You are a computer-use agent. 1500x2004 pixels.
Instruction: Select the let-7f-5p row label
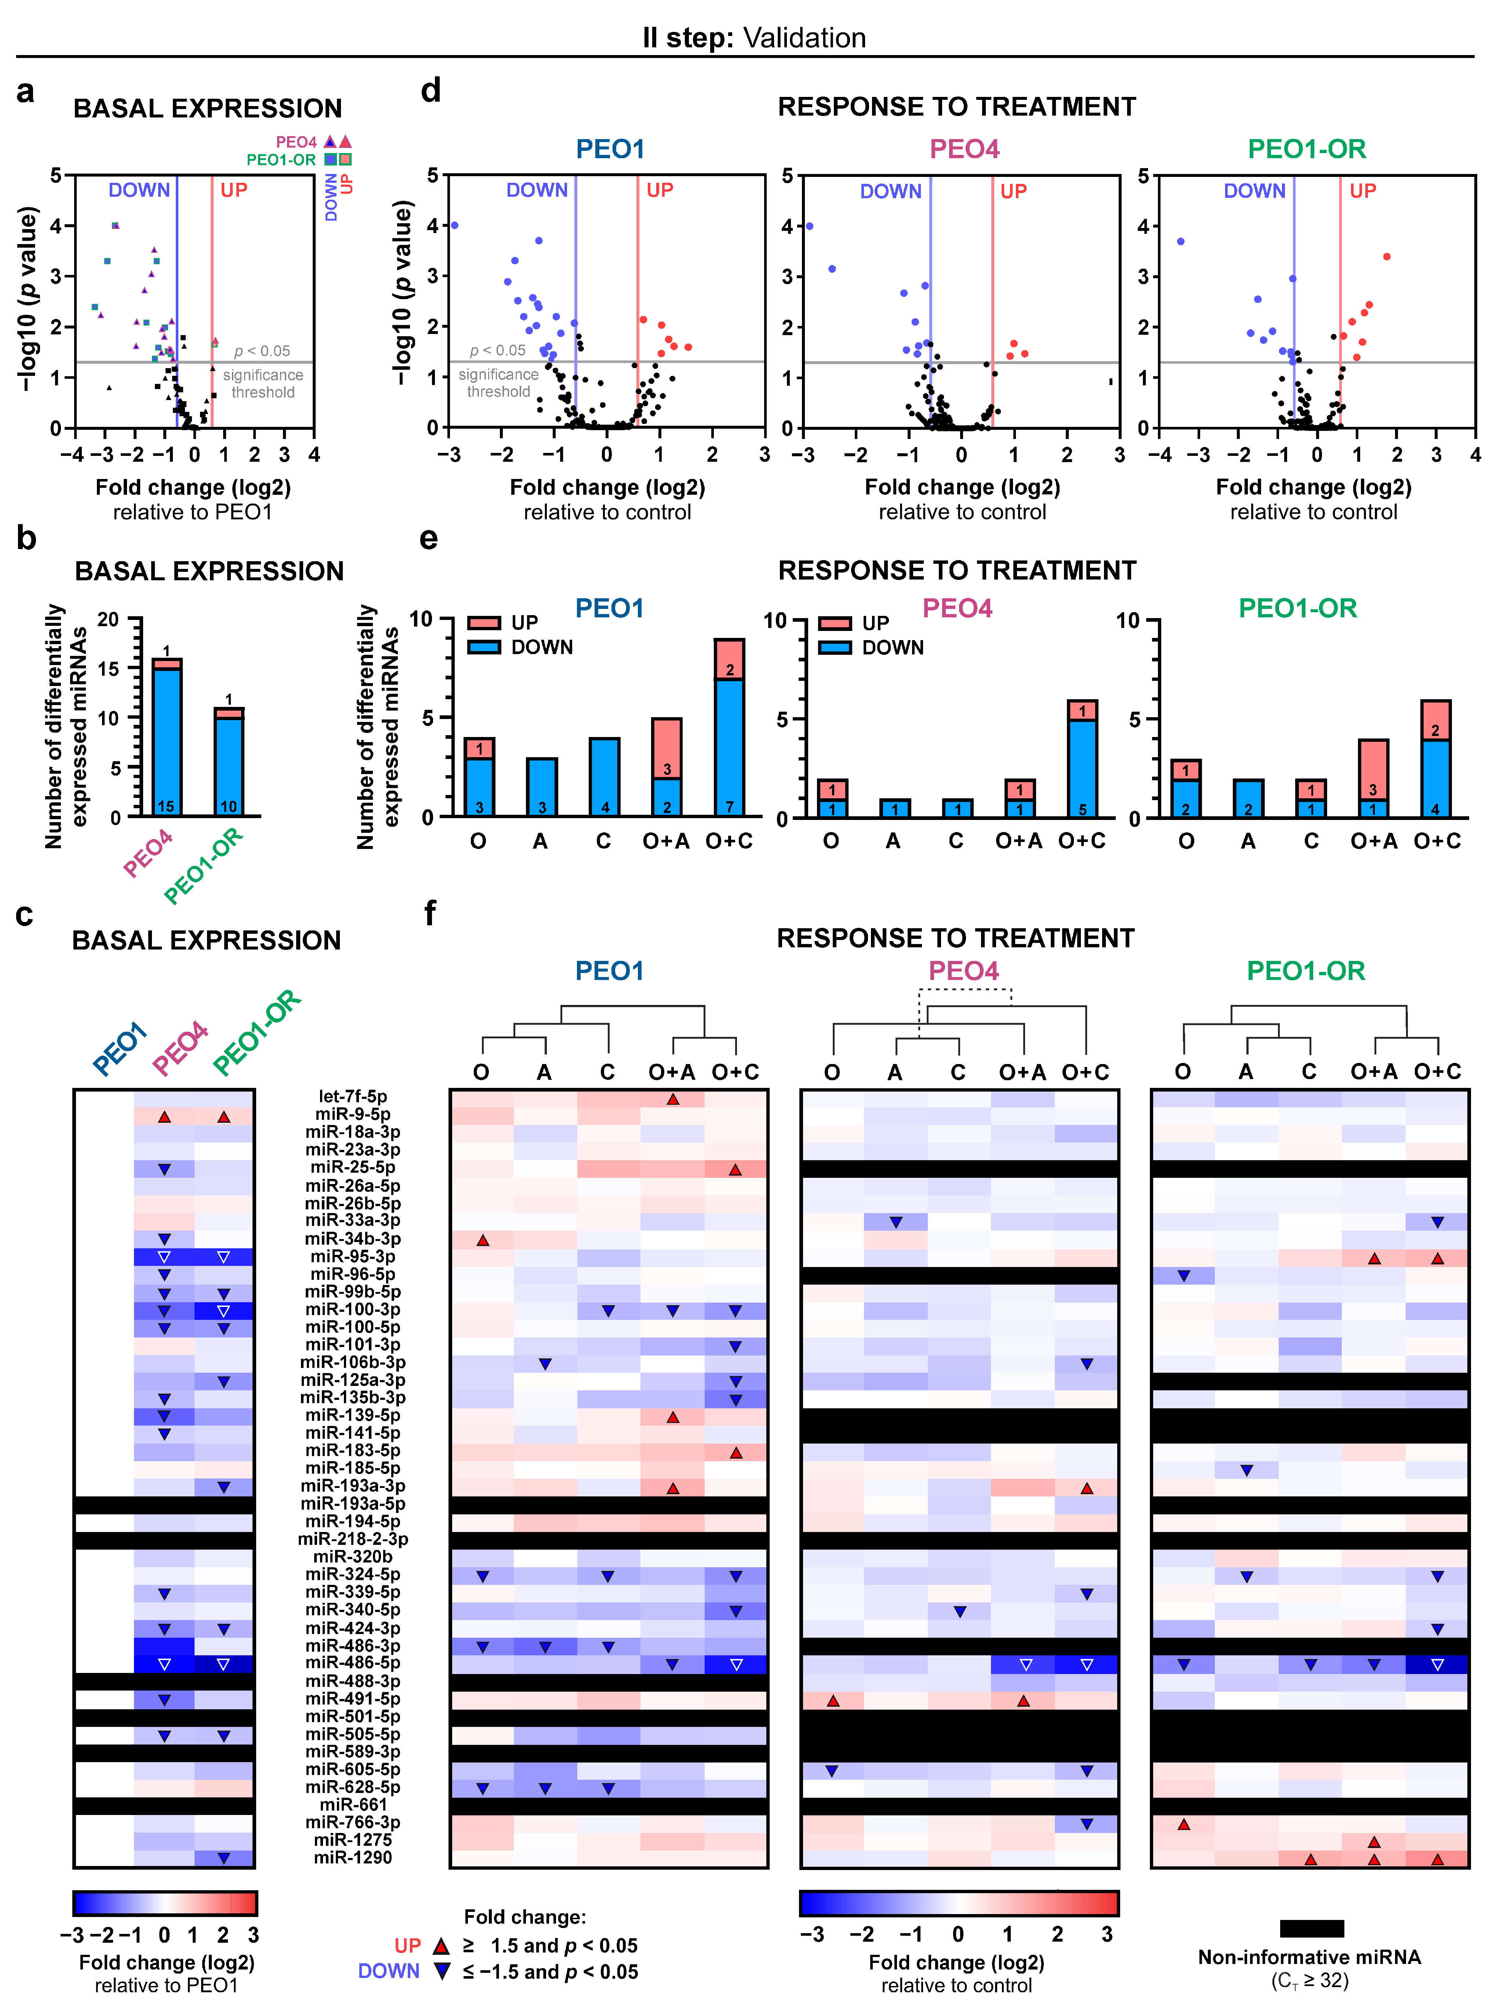352,1096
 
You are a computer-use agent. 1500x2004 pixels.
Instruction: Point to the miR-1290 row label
352,1857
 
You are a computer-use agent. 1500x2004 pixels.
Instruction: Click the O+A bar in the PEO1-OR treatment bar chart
1373,779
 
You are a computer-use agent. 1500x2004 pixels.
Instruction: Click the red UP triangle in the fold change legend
441,1945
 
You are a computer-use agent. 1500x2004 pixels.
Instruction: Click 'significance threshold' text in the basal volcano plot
263,383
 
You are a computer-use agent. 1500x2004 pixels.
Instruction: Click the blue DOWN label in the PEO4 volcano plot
890,191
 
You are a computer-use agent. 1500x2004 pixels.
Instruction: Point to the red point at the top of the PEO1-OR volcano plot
1387,257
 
